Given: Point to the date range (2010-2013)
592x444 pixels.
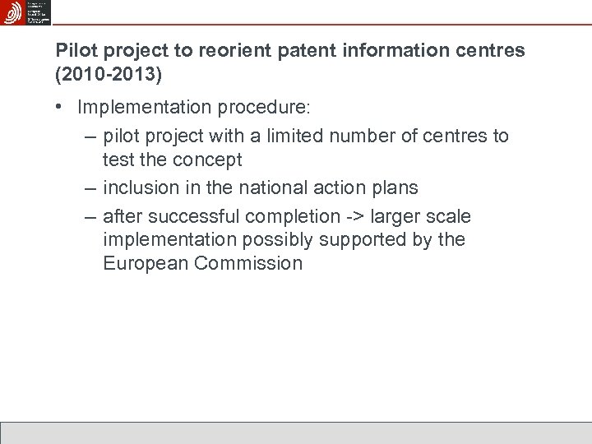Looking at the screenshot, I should (109, 74).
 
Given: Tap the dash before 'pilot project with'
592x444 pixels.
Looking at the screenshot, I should (90, 136).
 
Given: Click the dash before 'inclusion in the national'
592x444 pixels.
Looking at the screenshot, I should (90, 188).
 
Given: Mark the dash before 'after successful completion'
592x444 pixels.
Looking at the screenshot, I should (90, 217).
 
